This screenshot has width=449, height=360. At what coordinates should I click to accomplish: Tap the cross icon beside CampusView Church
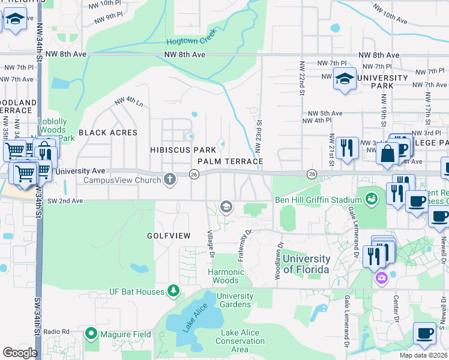[x=170, y=179]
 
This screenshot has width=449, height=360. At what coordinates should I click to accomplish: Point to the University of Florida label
[x=306, y=264]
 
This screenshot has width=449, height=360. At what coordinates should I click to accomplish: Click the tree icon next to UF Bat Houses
[x=173, y=292]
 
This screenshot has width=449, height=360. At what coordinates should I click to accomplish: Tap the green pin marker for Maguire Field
[x=91, y=332]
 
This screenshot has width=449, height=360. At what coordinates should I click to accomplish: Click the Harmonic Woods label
[x=226, y=276]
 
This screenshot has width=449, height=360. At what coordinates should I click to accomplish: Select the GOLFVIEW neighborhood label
[x=169, y=236]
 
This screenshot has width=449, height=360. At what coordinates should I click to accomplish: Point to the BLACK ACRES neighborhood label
[x=107, y=133]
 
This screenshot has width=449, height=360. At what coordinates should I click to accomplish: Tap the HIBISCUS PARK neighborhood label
[x=182, y=149]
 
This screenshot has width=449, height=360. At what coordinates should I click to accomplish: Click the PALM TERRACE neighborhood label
[x=231, y=162]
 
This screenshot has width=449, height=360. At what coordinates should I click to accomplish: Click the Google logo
[x=20, y=352]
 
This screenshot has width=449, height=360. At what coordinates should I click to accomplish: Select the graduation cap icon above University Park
[x=345, y=79]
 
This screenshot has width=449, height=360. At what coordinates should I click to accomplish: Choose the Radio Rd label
[x=57, y=332]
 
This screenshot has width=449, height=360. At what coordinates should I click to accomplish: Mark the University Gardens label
[x=235, y=300]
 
